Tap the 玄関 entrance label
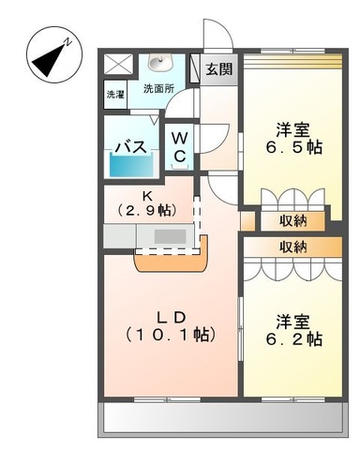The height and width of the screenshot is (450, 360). (220, 69)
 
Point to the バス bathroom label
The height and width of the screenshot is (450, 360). (127, 146)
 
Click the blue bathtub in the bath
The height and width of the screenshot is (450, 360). (132, 165)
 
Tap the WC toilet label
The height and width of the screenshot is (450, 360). (181, 146)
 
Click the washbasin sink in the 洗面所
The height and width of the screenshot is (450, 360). (158, 65)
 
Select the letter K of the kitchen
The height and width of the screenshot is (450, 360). (146, 195)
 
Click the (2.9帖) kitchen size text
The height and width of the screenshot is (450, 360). (146, 211)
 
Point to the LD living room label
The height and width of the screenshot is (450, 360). (169, 316)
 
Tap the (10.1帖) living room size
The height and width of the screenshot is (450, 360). (170, 335)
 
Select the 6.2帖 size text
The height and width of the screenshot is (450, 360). (293, 338)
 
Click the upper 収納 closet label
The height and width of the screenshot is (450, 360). (292, 221)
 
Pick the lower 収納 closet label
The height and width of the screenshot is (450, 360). (292, 247)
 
